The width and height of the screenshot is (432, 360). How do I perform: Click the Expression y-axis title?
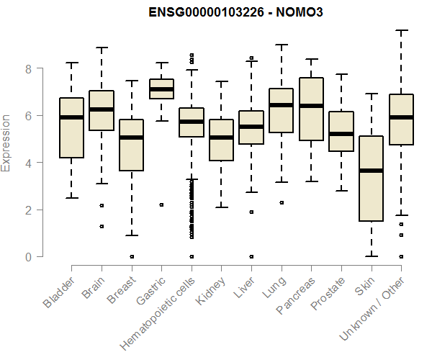[x=7, y=142]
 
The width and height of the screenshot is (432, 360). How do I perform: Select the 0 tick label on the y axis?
[x=28, y=257]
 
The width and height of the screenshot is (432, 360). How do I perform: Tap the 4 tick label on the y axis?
[x=28, y=163]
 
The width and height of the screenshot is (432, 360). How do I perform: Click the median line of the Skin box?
[x=371, y=171]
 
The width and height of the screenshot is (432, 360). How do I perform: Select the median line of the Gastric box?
[x=161, y=89]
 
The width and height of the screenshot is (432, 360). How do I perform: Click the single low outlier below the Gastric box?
[x=161, y=204]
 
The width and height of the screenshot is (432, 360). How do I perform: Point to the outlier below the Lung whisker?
[x=280, y=202]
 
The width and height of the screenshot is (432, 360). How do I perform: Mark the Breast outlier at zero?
[x=131, y=256]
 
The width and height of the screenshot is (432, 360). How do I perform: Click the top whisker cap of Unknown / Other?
[x=401, y=30]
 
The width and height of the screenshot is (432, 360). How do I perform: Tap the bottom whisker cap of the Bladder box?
[x=71, y=198]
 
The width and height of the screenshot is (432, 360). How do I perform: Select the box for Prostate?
[x=341, y=131]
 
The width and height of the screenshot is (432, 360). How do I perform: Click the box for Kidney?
[x=221, y=140]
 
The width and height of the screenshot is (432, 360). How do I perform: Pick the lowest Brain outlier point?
[x=102, y=226]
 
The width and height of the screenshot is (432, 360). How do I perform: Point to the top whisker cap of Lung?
[x=281, y=45]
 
